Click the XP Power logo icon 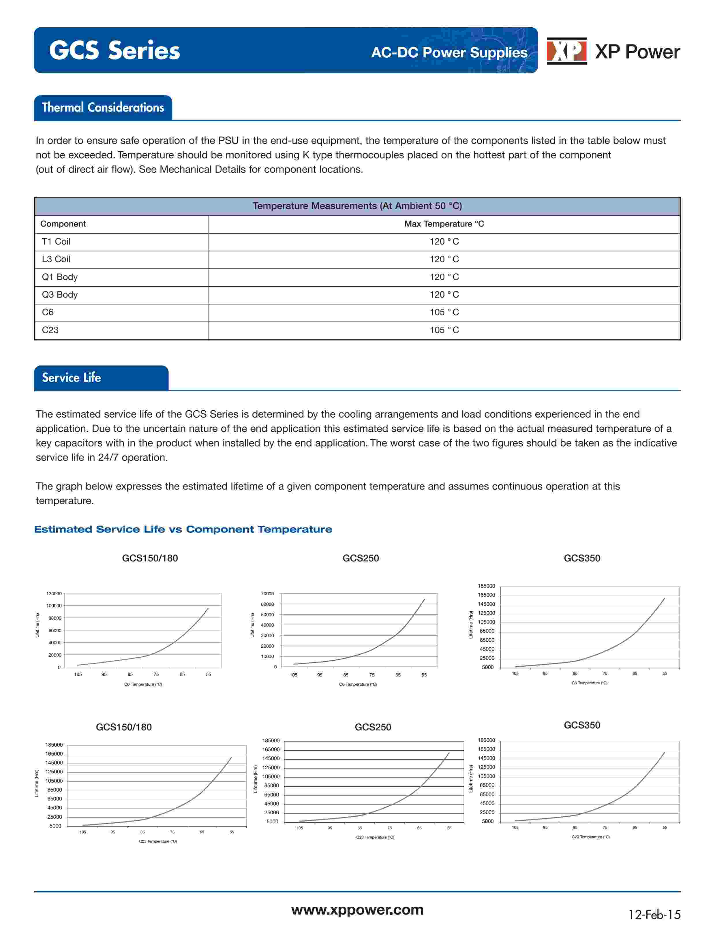click(566, 51)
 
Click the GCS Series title click(114, 51)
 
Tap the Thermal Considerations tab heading click(103, 107)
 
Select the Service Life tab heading click(72, 377)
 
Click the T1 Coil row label click(56, 242)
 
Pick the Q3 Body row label click(60, 295)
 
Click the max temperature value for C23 click(444, 330)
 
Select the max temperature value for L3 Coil click(444, 259)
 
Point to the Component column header click(63, 224)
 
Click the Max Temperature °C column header click(444, 224)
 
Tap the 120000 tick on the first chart click(54, 594)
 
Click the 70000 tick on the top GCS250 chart click(267, 594)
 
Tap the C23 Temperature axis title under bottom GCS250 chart click(375, 837)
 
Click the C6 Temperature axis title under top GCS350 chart click(589, 683)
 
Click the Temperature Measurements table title click(357, 206)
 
